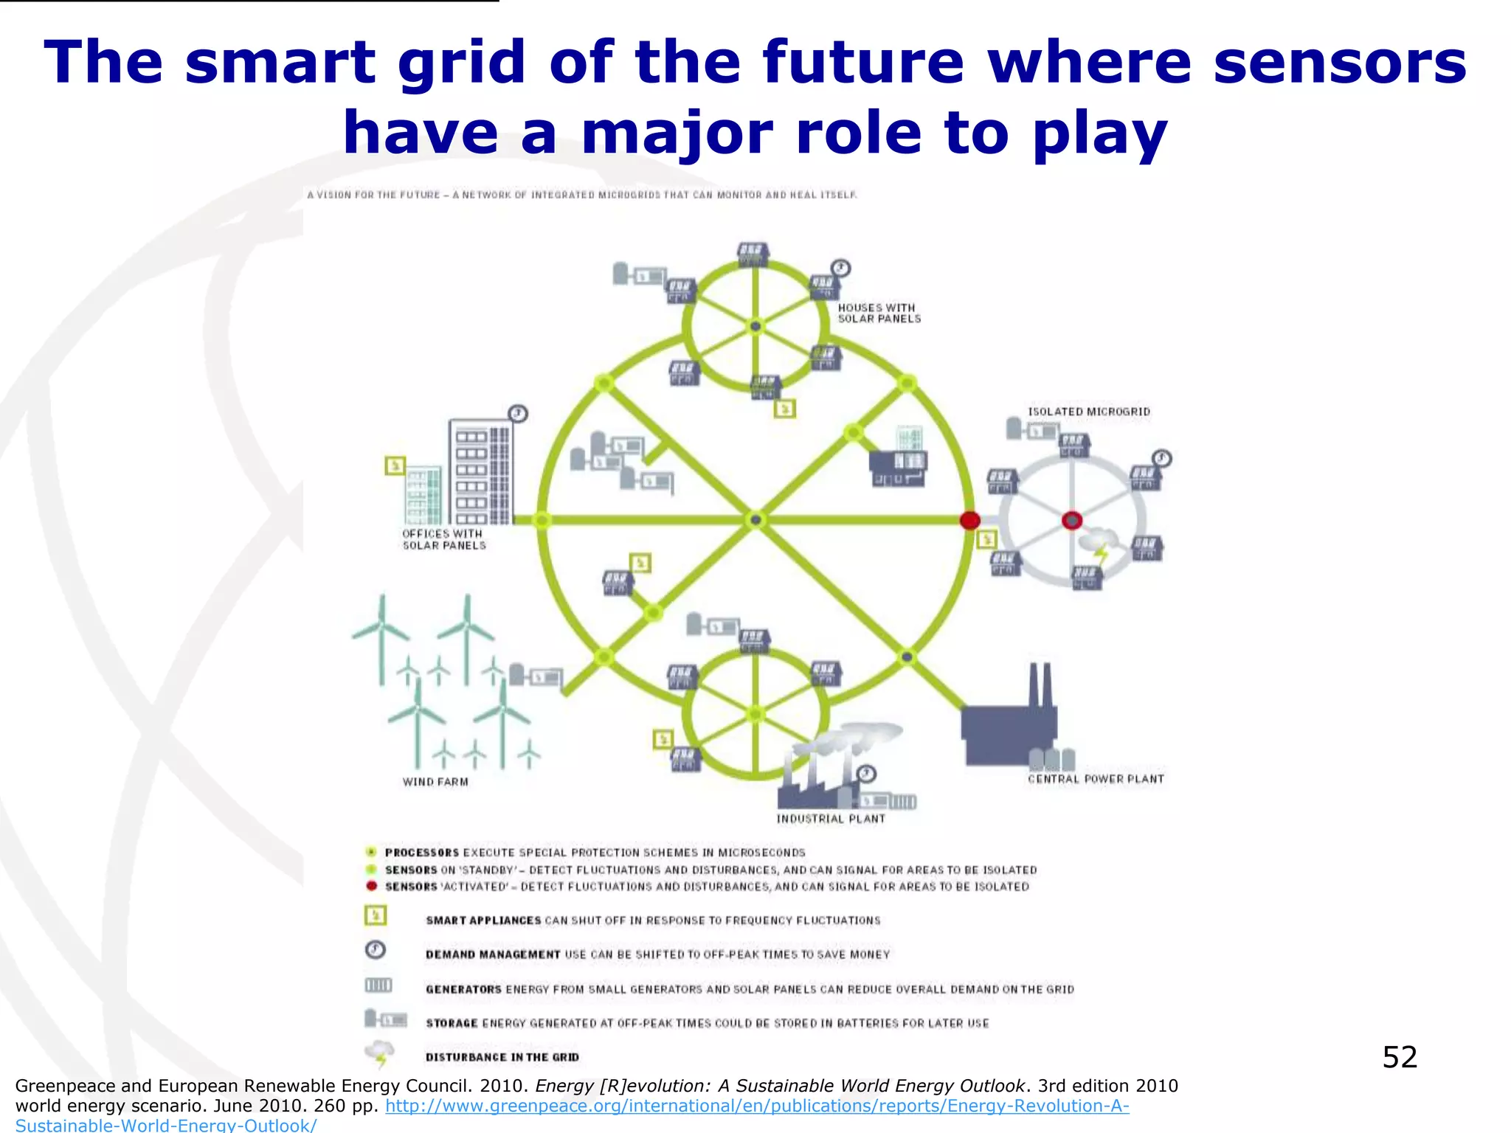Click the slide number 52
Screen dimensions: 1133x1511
pyautogui.click(x=1400, y=1057)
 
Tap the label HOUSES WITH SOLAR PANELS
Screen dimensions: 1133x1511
pyautogui.click(x=879, y=313)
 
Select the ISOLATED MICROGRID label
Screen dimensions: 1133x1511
pyautogui.click(x=1089, y=412)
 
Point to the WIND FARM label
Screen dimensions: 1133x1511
pyautogui.click(x=435, y=782)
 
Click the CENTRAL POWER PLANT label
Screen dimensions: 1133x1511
pyautogui.click(x=1096, y=779)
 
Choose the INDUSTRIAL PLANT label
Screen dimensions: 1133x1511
pyautogui.click(x=831, y=819)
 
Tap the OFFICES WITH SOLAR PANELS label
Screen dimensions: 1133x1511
pyautogui.click(x=443, y=539)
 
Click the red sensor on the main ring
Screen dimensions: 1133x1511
pyautogui.click(x=969, y=520)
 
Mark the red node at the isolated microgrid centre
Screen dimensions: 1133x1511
pyautogui.click(x=1072, y=520)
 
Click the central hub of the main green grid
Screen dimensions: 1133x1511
pyautogui.click(x=755, y=520)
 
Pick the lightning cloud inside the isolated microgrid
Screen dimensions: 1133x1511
pyautogui.click(x=1098, y=544)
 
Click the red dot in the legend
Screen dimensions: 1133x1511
pyautogui.click(x=372, y=886)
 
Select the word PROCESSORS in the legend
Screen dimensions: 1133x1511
pyautogui.click(x=421, y=853)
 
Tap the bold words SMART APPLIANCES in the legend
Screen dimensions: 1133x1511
pyautogui.click(x=483, y=921)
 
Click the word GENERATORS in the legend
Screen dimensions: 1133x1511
pyautogui.click(x=463, y=989)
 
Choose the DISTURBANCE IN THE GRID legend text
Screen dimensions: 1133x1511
pyautogui.click(x=502, y=1057)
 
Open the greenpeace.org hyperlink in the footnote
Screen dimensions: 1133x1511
pyautogui.click(x=757, y=1106)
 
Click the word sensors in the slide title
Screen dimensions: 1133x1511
pyautogui.click(x=1340, y=62)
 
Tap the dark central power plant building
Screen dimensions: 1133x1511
pyautogui.click(x=1008, y=730)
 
